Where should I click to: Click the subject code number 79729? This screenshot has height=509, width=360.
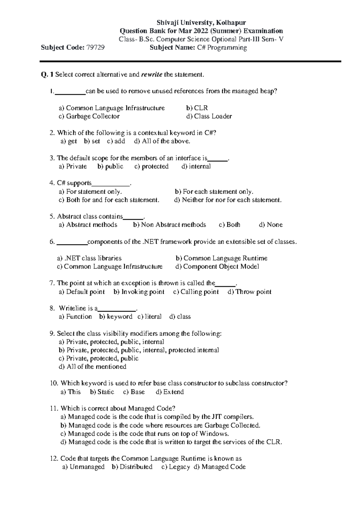[x=95, y=47]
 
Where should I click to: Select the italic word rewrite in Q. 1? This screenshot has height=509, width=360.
[x=151, y=74]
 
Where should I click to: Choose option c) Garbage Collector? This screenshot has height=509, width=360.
[x=89, y=116]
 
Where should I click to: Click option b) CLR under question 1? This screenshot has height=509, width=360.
[x=197, y=108]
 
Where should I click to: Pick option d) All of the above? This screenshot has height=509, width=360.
[x=162, y=141]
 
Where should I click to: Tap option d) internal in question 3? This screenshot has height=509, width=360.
[x=196, y=166]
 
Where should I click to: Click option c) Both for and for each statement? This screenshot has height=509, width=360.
[x=109, y=200]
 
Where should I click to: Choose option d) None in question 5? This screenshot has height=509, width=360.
[x=271, y=224]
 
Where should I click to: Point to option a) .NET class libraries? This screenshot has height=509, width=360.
[x=89, y=258]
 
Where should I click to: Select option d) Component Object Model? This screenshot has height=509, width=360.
[x=217, y=267]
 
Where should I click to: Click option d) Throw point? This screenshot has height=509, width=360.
[x=250, y=292]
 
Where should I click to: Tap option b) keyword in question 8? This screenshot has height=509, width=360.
[x=115, y=316]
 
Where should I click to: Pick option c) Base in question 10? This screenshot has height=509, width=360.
[x=134, y=392]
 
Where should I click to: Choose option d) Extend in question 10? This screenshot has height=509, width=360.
[x=170, y=392]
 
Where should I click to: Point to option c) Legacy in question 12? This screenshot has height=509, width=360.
[x=175, y=467]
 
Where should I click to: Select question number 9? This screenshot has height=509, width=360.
[x=52, y=333]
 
